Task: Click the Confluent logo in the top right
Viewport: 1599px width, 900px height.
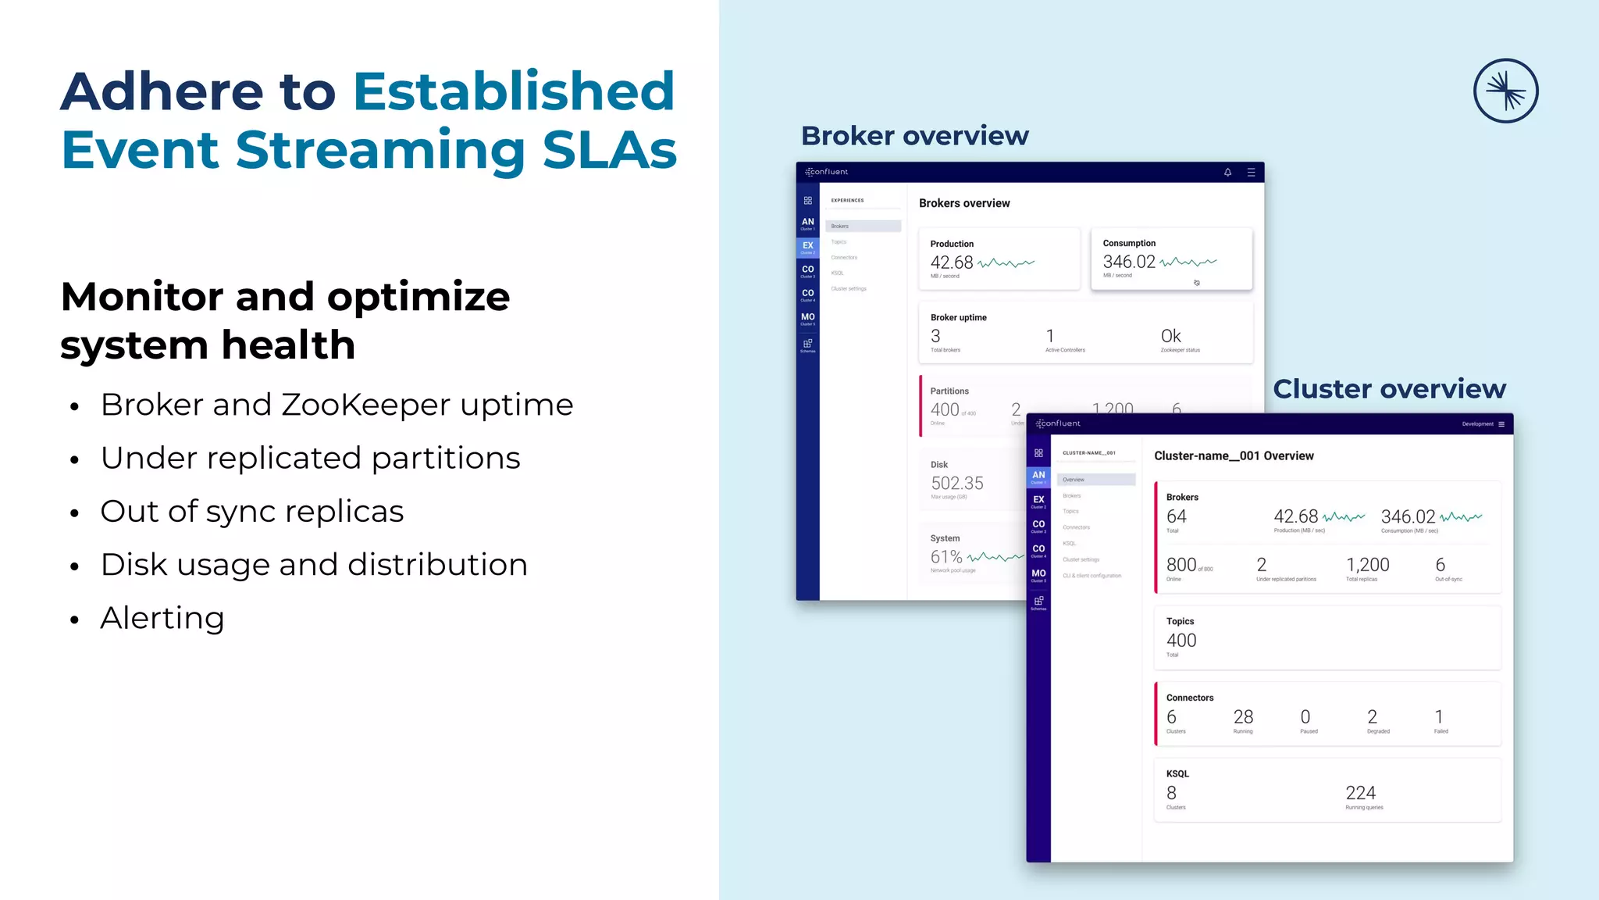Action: tap(1505, 91)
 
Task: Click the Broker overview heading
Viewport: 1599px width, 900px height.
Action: tap(914, 136)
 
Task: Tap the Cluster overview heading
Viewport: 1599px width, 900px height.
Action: tap(1389, 389)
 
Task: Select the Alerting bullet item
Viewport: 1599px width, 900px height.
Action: tap(162, 618)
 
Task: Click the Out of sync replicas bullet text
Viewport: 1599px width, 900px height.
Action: tap(251, 512)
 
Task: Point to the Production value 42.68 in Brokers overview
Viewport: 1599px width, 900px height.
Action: tap(951, 262)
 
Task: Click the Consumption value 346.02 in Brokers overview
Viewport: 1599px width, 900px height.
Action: tap(1128, 262)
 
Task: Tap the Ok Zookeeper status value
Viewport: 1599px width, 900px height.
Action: tap(1170, 336)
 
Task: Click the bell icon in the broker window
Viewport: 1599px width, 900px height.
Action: tap(1227, 172)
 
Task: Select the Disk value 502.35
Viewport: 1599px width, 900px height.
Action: tap(956, 483)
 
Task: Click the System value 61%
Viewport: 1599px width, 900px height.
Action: tap(946, 557)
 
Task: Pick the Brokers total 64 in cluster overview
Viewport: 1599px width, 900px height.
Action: tap(1176, 516)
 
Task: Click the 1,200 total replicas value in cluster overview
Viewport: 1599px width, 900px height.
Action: tap(1367, 565)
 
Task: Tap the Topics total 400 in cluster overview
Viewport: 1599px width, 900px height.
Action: tap(1181, 641)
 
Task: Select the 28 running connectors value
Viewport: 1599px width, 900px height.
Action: tap(1243, 717)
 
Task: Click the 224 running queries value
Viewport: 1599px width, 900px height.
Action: tap(1360, 793)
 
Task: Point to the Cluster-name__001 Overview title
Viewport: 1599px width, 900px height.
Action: tap(1234, 455)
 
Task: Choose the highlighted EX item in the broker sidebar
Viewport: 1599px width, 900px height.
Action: tap(807, 247)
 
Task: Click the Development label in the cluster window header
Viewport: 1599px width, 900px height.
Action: tap(1477, 424)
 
